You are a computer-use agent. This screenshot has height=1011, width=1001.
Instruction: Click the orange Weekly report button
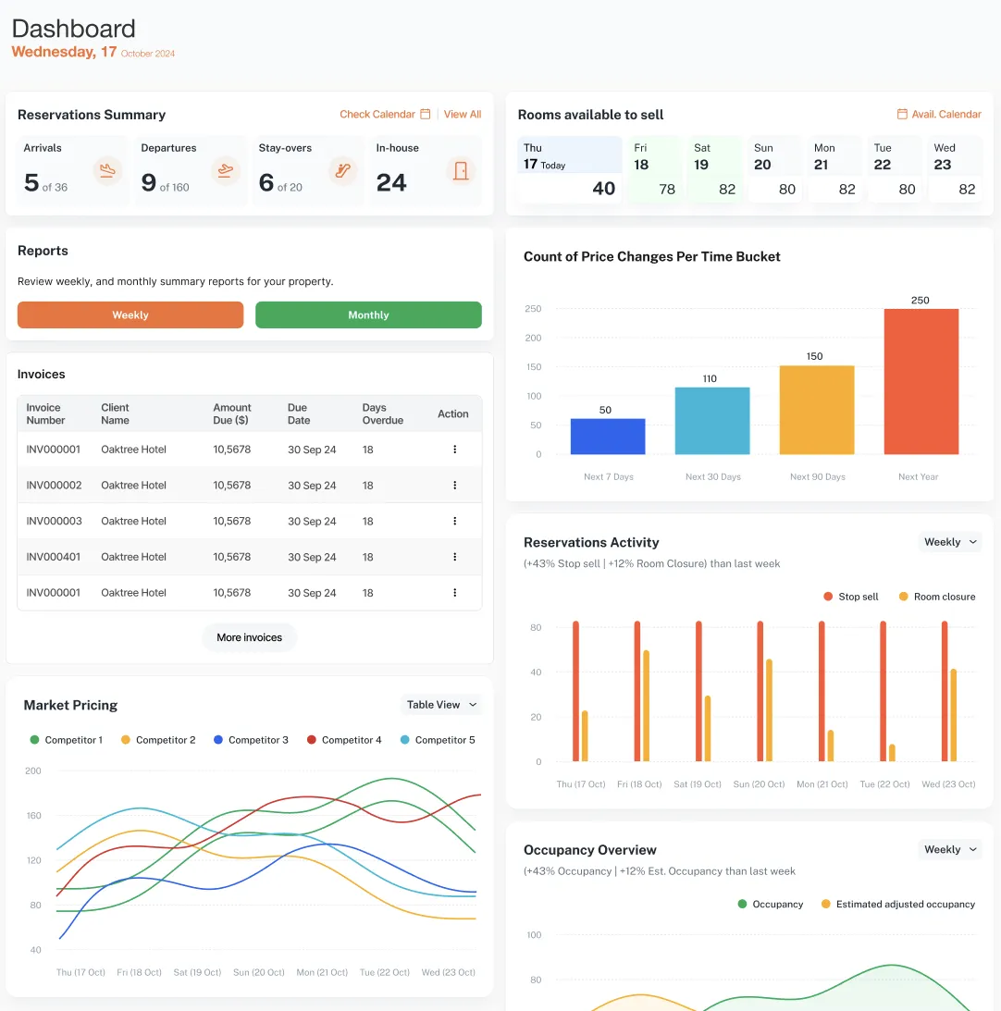pyautogui.click(x=130, y=315)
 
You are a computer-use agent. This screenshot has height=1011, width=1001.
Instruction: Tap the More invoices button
pyautogui.click(x=249, y=637)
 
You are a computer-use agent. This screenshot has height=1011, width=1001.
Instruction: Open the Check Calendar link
pyautogui.click(x=384, y=115)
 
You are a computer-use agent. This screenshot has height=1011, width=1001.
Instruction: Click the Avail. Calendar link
pyautogui.click(x=939, y=115)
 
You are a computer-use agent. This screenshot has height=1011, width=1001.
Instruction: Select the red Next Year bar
pyautogui.click(x=921, y=381)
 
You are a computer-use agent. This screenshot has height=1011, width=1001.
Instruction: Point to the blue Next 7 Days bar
pyautogui.click(x=608, y=437)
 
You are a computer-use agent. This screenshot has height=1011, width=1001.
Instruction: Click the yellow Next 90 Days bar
pyautogui.click(x=816, y=410)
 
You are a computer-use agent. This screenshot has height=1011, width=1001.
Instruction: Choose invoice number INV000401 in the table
pyautogui.click(x=54, y=557)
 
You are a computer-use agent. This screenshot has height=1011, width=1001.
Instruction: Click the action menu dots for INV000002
pyautogui.click(x=454, y=486)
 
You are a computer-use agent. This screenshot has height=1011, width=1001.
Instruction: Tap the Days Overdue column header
pyautogui.click(x=382, y=414)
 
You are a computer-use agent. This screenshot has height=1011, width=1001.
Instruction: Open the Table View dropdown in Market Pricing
pyautogui.click(x=441, y=705)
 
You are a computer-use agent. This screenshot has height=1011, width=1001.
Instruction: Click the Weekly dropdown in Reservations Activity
pyautogui.click(x=949, y=542)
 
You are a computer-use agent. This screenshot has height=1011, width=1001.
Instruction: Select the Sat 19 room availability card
pyautogui.click(x=714, y=170)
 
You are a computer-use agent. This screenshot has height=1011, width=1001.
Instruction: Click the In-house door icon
pyautogui.click(x=460, y=171)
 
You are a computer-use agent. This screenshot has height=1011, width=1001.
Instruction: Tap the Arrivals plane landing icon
pyautogui.click(x=108, y=171)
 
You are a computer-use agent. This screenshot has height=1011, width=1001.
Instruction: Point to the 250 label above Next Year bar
pyautogui.click(x=921, y=301)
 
